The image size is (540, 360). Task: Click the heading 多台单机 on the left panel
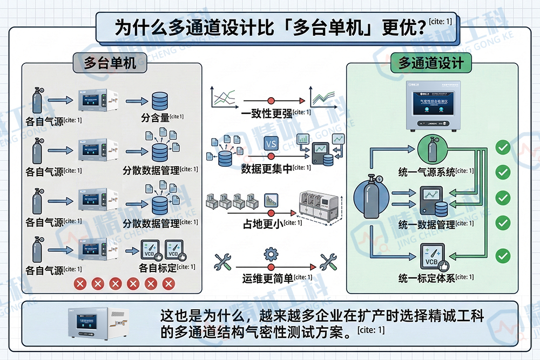point(109,63)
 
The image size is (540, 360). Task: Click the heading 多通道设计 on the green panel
point(431,63)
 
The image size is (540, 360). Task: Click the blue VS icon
point(271,144)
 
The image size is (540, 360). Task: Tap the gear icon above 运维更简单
point(271,254)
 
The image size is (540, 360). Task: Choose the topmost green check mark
point(503,147)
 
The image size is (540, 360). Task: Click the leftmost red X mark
point(80,284)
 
